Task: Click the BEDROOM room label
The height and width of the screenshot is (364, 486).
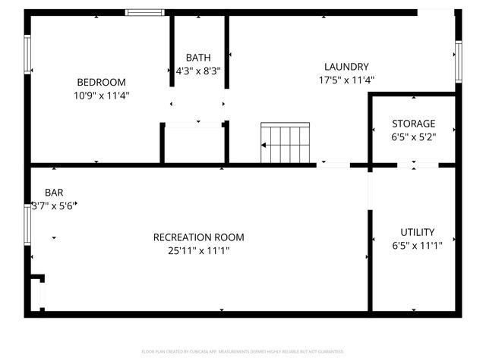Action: pos(101,83)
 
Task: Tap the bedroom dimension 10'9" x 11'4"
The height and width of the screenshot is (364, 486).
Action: pos(101,96)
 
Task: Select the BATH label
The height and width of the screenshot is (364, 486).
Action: pos(198,58)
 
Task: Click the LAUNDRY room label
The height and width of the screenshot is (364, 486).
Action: pos(346,67)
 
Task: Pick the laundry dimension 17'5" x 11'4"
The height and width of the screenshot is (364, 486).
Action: pos(346,80)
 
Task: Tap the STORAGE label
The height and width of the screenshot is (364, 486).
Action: pos(413,124)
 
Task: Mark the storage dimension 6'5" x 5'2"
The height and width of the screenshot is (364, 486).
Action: pos(413,137)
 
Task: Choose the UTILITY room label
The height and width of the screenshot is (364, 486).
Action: pos(418,232)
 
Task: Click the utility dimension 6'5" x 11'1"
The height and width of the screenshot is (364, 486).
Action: pos(418,245)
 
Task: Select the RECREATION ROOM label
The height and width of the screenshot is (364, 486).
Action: pos(199,237)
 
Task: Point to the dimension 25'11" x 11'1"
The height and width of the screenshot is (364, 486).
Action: pos(199,251)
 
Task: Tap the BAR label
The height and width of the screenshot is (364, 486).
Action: pos(54,193)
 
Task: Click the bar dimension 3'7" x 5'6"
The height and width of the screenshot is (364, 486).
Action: pos(54,206)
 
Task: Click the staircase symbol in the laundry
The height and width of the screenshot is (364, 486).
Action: pos(286,143)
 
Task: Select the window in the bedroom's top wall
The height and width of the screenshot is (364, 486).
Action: pos(145,12)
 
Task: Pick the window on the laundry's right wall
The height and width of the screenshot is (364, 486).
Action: pos(459,61)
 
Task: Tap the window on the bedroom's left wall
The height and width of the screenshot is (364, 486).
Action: pos(27,55)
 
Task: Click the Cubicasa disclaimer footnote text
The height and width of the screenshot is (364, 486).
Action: pos(243,352)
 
